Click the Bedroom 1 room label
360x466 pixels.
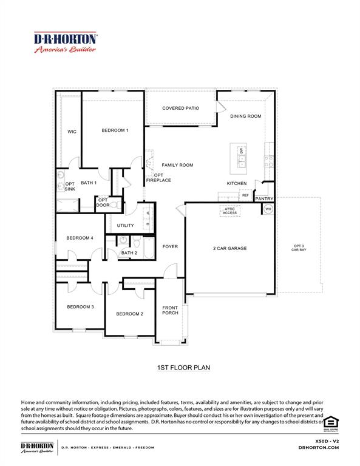115,130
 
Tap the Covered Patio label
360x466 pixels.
180,109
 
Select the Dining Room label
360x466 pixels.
245,116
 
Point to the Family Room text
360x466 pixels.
177,165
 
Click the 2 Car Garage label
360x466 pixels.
229,248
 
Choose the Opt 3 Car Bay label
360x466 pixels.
298,248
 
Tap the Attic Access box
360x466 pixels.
229,211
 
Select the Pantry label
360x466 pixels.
264,198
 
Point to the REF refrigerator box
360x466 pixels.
245,195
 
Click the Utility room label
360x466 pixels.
126,226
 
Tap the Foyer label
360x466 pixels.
170,246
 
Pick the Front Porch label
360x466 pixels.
170,311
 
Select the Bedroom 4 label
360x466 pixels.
80,238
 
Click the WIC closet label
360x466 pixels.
72,132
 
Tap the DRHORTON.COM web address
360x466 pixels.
319,447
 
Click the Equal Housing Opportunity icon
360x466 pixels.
331,422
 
